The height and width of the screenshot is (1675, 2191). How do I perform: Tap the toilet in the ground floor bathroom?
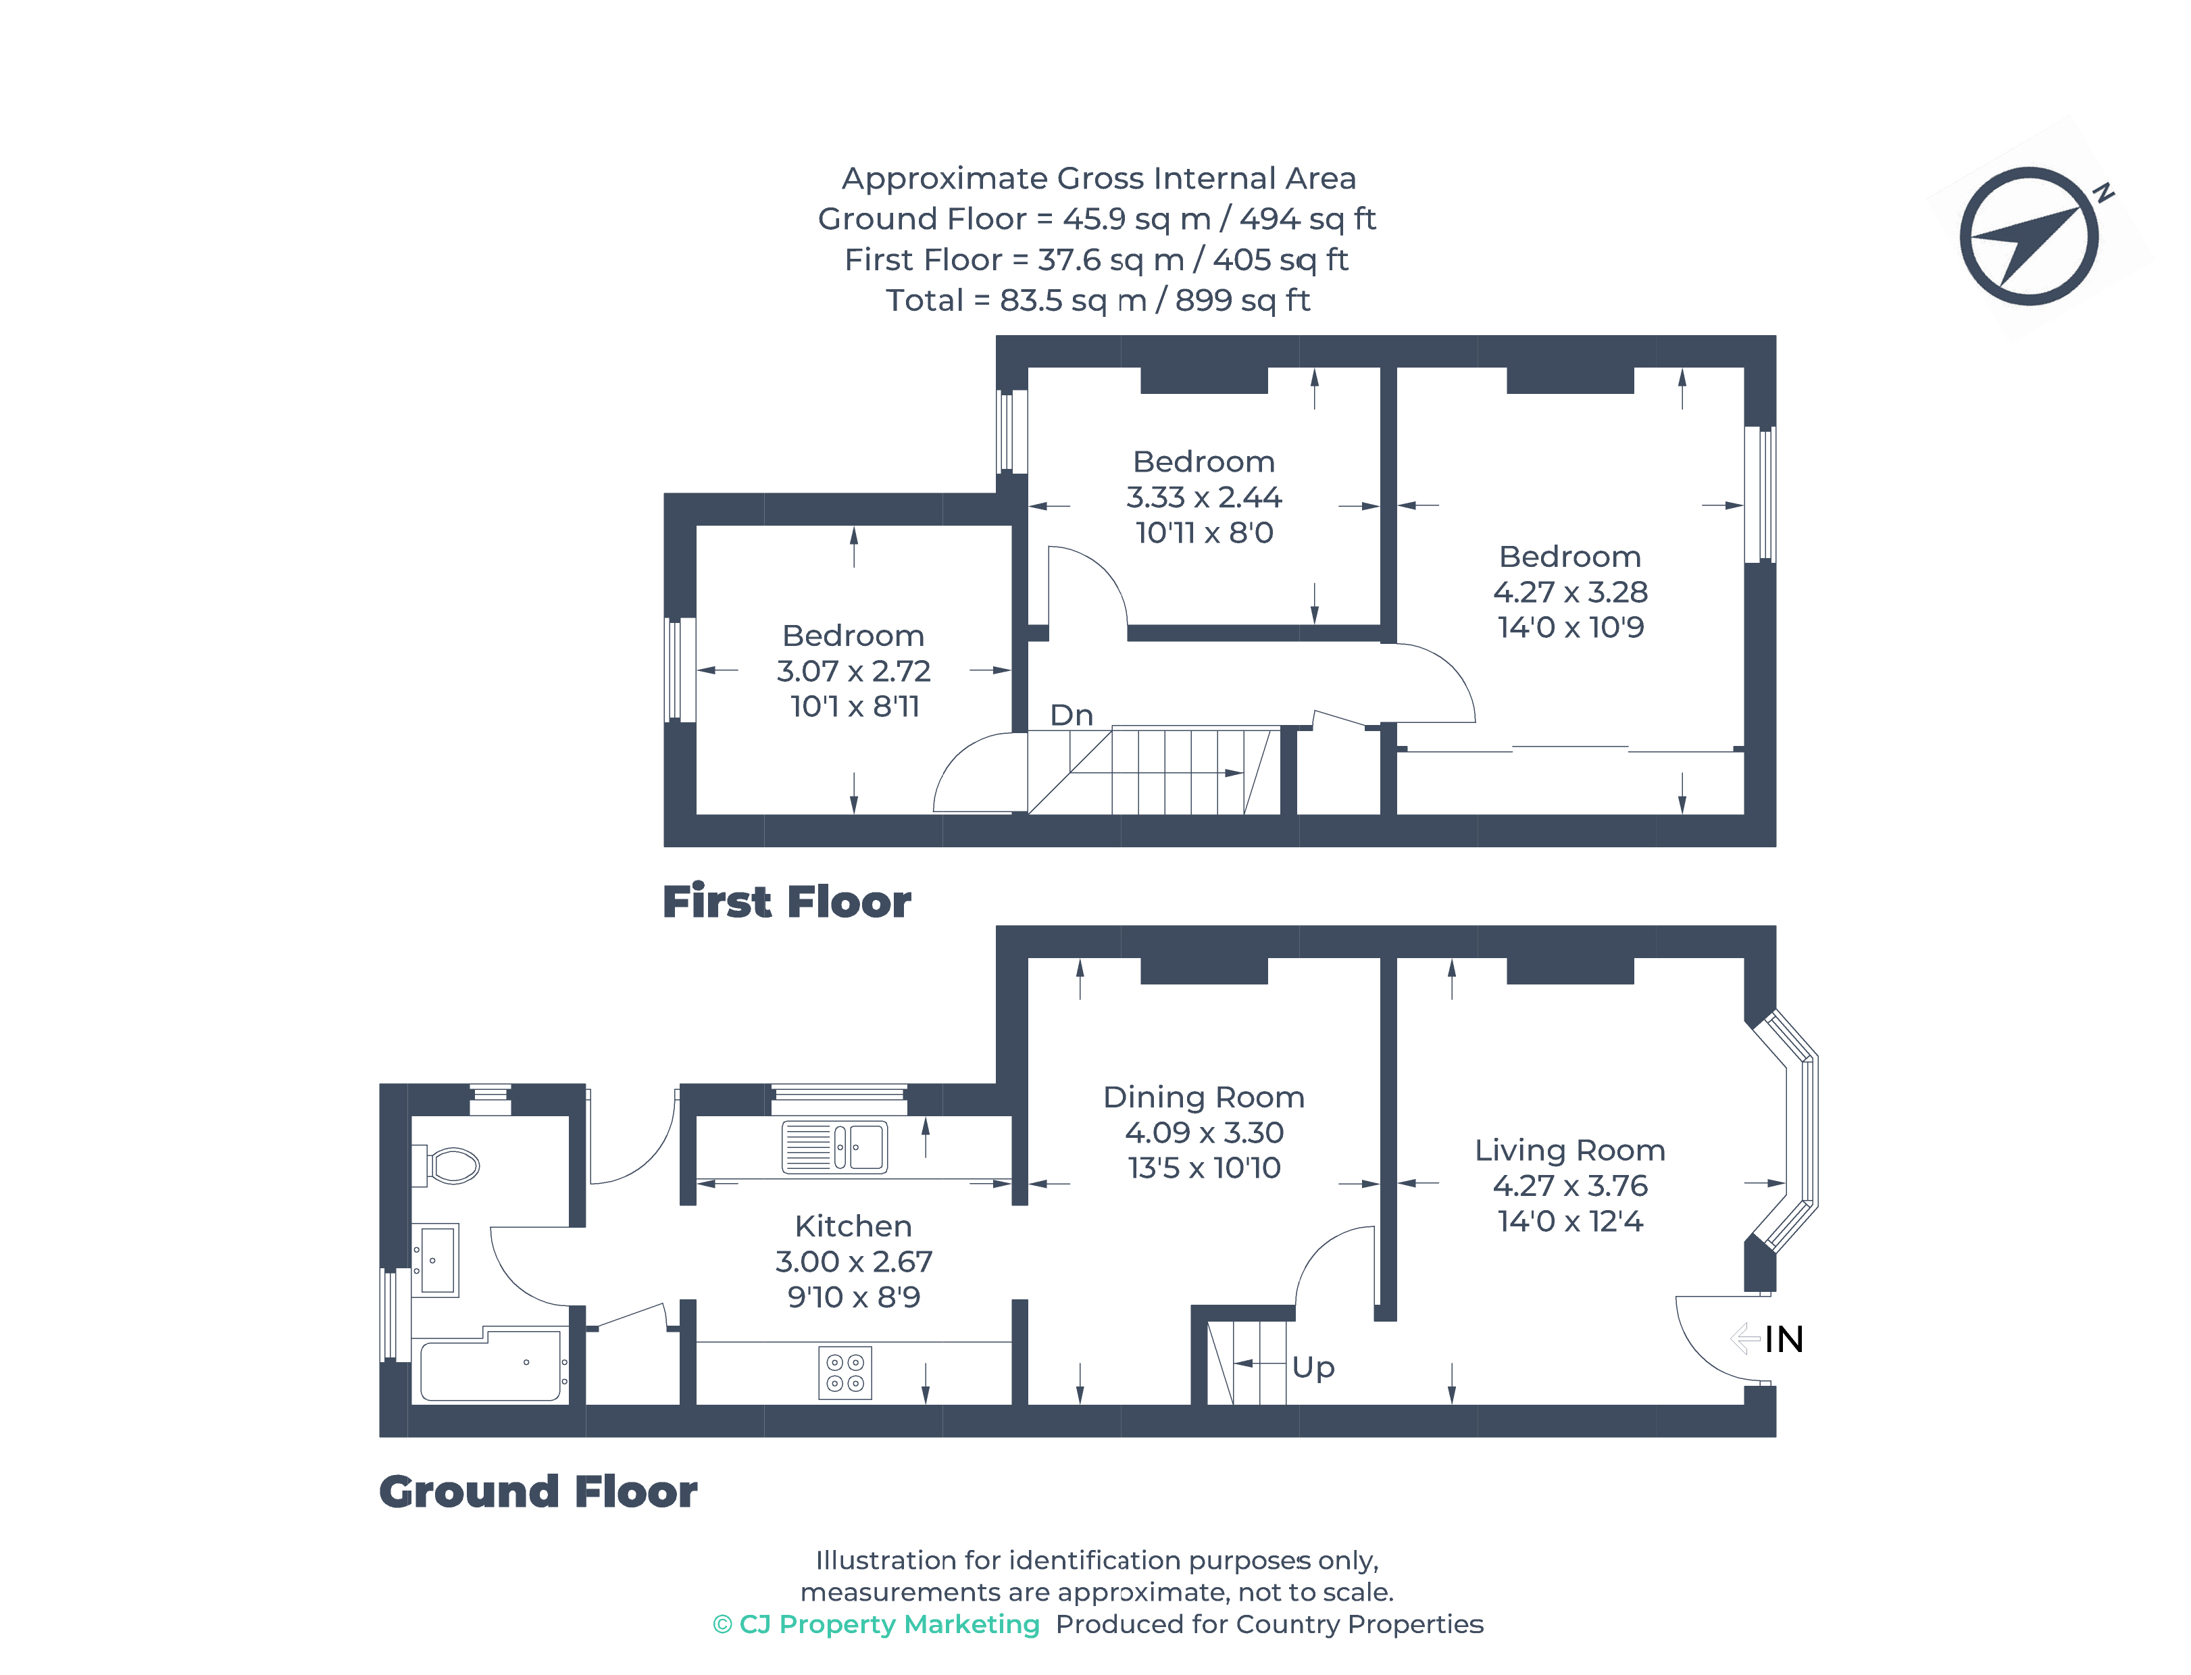point(451,1164)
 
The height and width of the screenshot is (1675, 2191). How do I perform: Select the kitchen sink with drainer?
point(834,1147)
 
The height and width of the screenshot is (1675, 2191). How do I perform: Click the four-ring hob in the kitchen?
point(845,1373)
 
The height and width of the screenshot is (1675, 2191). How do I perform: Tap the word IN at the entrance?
point(1784,1339)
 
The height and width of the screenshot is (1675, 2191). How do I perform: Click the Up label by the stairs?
point(1312,1366)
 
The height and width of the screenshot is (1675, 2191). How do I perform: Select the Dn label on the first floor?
point(1071,715)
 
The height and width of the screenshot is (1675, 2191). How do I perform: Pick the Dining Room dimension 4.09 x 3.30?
point(1203,1132)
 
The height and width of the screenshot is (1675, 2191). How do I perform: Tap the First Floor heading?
point(786,901)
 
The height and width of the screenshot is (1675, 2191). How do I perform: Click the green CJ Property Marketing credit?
point(876,1624)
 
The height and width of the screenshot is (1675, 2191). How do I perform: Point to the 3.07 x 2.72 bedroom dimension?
point(853,671)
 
